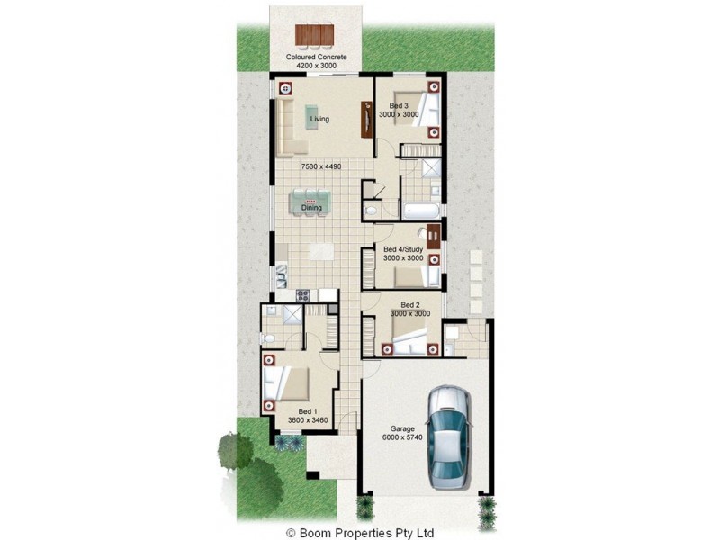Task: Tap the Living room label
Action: pyautogui.click(x=319, y=119)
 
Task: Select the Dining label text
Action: pyautogui.click(x=311, y=208)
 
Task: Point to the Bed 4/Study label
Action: pyautogui.click(x=402, y=248)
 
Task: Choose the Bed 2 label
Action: pyautogui.click(x=410, y=304)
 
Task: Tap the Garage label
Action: pyautogui.click(x=401, y=428)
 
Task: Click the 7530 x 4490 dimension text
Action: pyautogui.click(x=319, y=167)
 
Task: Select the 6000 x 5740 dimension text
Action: pyautogui.click(x=401, y=438)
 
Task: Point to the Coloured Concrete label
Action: pyautogui.click(x=316, y=57)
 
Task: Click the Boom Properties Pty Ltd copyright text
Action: pyautogui.click(x=360, y=532)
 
